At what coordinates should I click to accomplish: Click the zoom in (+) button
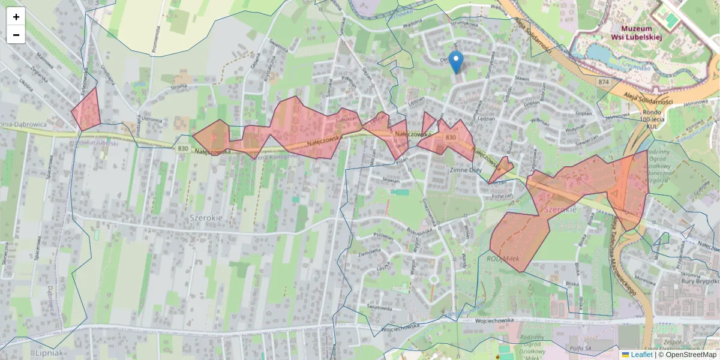16,17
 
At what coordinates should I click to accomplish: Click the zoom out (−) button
16,35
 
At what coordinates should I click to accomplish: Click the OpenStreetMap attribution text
691,355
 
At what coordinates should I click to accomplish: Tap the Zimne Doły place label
466,170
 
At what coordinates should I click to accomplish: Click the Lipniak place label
49,353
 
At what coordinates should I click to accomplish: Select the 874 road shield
603,81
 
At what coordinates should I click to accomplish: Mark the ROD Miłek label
502,259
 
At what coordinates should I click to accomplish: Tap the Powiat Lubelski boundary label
100,143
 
